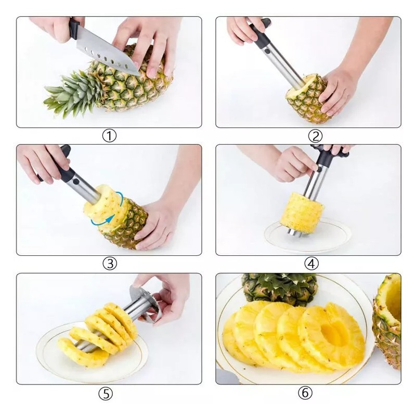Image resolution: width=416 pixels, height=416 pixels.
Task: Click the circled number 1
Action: tap(109, 136)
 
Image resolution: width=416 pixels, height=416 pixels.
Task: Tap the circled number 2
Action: tap(315, 136)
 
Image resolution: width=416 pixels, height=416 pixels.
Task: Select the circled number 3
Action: tap(109, 264)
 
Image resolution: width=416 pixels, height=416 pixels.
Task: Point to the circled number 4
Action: tap(311, 264)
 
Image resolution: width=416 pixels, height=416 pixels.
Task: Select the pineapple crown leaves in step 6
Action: tap(281, 287)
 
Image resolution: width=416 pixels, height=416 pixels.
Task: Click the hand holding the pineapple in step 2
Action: tap(338, 91)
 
